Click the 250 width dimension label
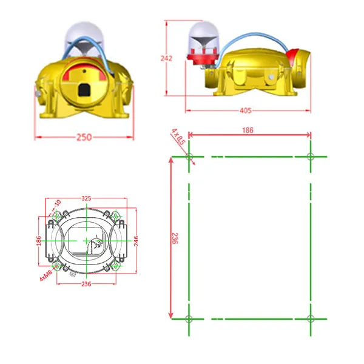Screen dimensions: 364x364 tap(84, 137)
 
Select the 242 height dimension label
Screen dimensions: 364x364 tap(167, 58)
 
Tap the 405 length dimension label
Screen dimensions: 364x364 tap(246, 110)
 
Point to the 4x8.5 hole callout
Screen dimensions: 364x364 tap(177, 136)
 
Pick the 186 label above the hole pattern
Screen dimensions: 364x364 tap(249, 130)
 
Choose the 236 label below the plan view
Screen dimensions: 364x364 tap(86, 284)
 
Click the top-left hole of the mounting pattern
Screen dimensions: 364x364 tap(189, 157)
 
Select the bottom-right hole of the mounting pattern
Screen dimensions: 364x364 tap(310, 318)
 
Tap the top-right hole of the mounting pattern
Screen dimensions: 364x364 tap(310, 157)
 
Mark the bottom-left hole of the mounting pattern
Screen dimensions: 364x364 tap(189, 318)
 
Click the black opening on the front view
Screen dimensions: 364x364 tap(84, 91)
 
